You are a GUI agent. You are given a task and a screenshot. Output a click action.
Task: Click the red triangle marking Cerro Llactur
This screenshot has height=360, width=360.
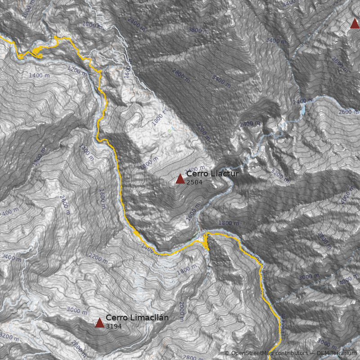coord(180,179)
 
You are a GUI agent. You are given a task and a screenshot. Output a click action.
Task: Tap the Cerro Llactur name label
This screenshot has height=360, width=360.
coord(212,174)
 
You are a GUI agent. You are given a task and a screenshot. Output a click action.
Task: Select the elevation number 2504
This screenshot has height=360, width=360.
coord(194,182)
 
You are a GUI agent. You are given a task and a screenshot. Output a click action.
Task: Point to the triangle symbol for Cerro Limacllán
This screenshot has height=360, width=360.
coord(99,323)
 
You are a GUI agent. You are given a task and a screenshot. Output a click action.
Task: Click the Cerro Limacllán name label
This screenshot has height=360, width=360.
coord(137,318)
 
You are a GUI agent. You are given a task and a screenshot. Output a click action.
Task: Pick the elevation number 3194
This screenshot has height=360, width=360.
coord(113,326)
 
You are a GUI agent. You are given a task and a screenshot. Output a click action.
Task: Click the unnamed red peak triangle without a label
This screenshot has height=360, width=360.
coord(355,23)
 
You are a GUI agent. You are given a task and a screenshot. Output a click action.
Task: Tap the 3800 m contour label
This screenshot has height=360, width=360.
coord(198,30)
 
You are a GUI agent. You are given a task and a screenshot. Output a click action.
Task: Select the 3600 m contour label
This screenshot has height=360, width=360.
coord(340,64)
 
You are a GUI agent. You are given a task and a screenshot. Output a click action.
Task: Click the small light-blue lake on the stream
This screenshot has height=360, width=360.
coord(303,109)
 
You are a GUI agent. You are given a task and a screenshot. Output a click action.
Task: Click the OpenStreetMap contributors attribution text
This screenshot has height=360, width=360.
coord(265,353)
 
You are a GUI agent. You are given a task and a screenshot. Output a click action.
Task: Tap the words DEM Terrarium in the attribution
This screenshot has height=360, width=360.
coord(337,353)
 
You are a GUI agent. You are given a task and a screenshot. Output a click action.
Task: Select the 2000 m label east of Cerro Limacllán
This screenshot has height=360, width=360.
coord(181,310)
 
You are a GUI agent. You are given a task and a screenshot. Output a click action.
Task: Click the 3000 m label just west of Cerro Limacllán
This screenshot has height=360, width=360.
coord(77,311)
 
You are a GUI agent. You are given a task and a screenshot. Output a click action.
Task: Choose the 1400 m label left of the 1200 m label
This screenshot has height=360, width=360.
coord(39,76)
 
